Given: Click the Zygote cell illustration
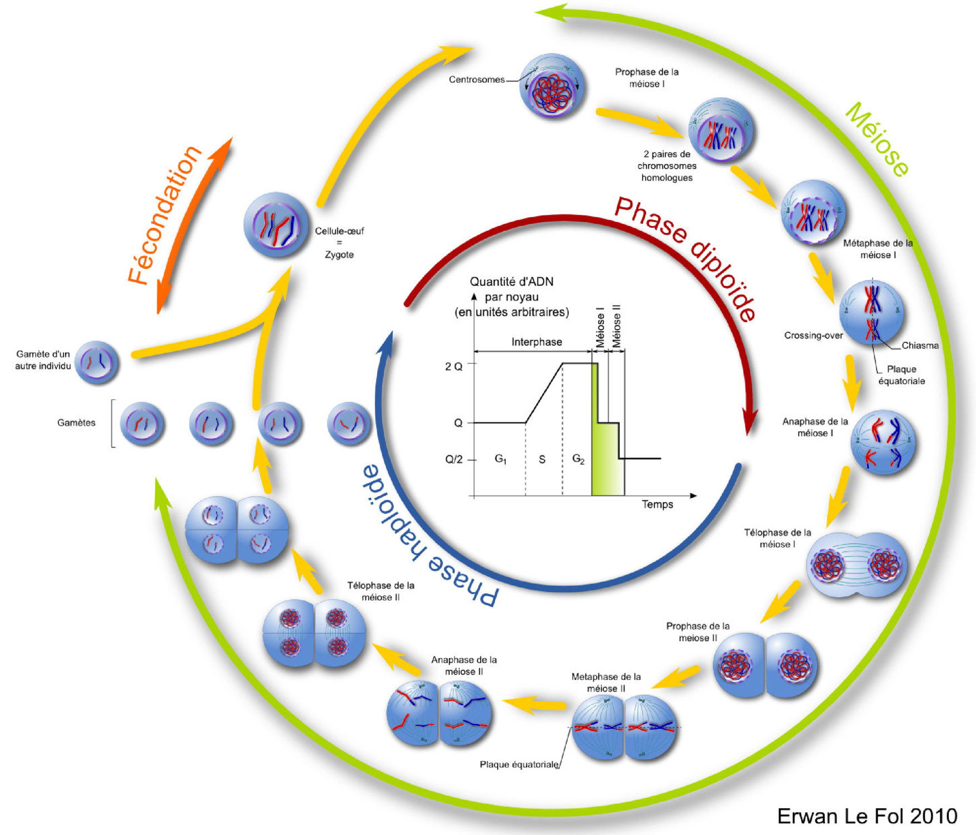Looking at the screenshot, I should (276, 224).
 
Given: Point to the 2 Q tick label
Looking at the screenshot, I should (454, 367).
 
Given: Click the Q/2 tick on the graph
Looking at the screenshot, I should (454, 459).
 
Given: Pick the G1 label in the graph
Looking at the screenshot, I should (500, 459).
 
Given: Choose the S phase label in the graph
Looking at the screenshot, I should (542, 459).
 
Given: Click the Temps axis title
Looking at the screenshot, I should (657, 504).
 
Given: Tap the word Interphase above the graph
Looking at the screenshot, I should (537, 342).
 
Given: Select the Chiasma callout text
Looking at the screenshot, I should (920, 346).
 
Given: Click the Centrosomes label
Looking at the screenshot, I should (477, 79).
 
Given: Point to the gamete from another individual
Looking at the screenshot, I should (97, 362).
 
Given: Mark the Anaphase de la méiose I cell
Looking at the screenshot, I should (883, 442).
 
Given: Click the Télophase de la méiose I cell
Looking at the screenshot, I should (856, 565).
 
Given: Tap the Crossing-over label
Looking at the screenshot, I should (813, 336).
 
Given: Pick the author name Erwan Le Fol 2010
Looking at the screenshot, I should (867, 816).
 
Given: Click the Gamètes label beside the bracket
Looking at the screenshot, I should (76, 423).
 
